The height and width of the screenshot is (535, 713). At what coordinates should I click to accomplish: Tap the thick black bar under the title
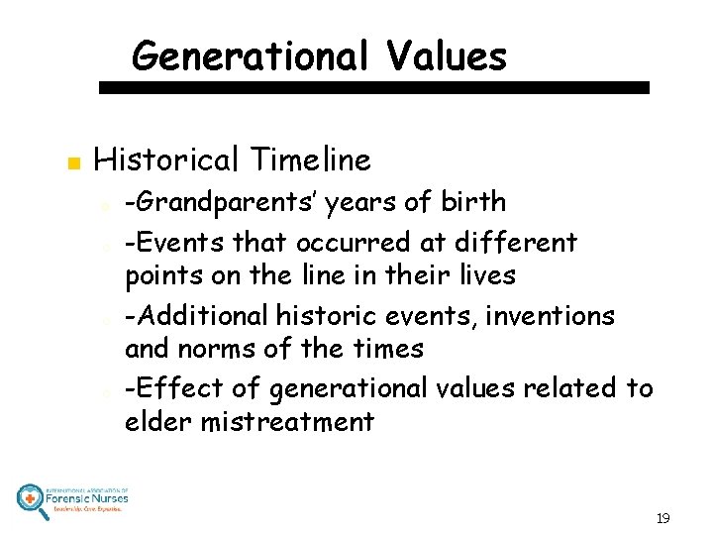point(374,87)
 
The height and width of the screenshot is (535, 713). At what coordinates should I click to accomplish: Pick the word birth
point(472,203)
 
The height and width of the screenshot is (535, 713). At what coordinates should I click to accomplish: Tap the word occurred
point(346,242)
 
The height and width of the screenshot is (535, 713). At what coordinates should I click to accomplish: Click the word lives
point(487,274)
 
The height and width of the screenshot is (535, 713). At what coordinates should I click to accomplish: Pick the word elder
point(157,422)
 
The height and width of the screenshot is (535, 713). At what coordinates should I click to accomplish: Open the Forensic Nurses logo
point(72,497)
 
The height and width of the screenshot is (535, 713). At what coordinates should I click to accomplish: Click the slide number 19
point(662,518)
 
